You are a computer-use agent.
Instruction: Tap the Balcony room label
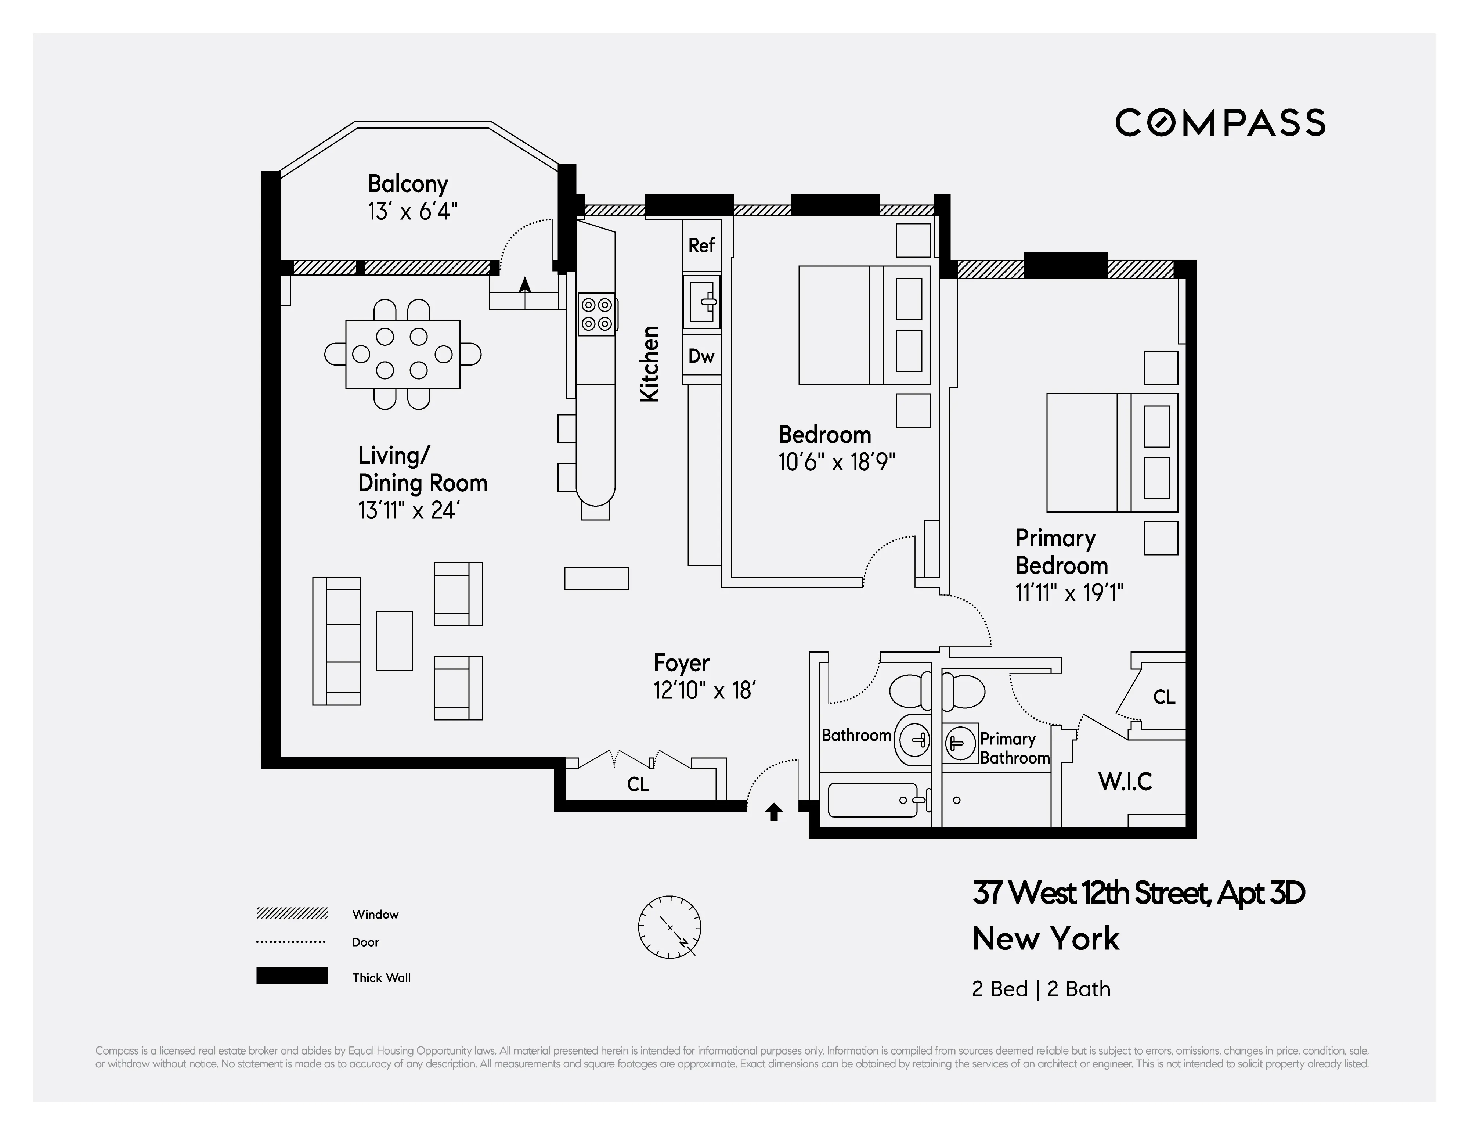(408, 184)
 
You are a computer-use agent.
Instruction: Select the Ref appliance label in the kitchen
(701, 245)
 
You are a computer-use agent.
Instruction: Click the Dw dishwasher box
(701, 356)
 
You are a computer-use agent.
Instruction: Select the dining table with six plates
(402, 354)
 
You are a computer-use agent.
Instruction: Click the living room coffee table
(393, 640)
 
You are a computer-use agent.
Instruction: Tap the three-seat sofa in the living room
(336, 640)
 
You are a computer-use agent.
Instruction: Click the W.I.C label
(1125, 782)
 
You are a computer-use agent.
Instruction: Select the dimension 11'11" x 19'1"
(1069, 593)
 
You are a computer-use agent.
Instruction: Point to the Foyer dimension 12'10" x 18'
(704, 690)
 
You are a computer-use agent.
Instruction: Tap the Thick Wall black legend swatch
(292, 976)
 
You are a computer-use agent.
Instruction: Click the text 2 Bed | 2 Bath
(1040, 989)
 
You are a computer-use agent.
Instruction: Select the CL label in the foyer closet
(638, 784)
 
